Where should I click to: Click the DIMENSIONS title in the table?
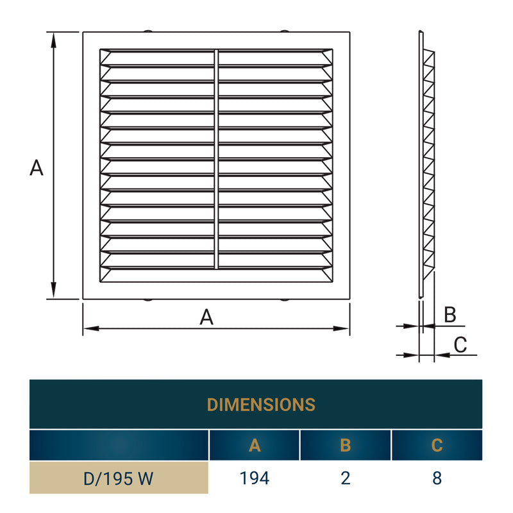[x=261, y=405]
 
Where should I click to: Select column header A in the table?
[x=255, y=446]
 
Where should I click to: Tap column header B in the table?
[x=346, y=446]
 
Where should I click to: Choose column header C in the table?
[x=437, y=446]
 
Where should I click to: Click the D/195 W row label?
[x=119, y=478]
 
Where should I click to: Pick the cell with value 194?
[x=255, y=478]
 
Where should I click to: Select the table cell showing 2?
[x=346, y=478]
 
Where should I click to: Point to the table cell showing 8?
[x=437, y=478]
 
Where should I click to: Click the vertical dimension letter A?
[x=37, y=168]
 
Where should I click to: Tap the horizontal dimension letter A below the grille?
[x=206, y=317]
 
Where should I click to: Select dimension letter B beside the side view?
[x=450, y=315]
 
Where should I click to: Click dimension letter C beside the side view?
[x=460, y=344]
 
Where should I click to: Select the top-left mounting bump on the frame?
[x=148, y=30]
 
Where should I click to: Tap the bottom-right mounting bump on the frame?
[x=284, y=299]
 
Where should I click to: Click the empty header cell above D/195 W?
[x=119, y=446]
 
